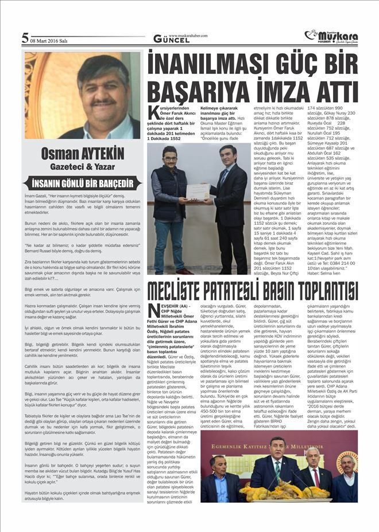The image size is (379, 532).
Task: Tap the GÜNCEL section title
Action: (x=167, y=39)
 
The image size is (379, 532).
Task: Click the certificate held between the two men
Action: (x=198, y=191)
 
